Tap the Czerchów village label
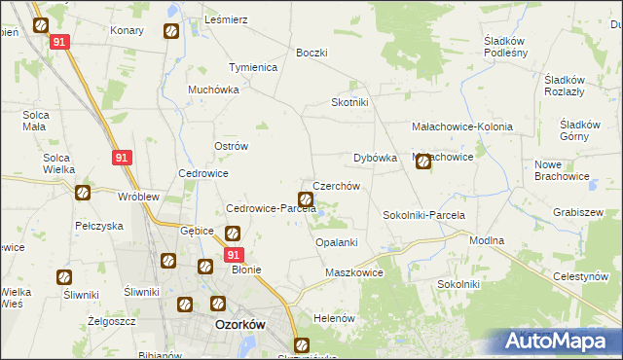tap(337, 186)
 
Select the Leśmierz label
tap(226, 19)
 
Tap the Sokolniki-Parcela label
tap(424, 215)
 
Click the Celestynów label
tap(588, 277)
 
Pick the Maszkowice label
tap(354, 273)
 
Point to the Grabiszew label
tap(577, 211)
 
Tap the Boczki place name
tap(311, 53)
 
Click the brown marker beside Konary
tap(170, 31)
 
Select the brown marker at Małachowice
tap(423, 162)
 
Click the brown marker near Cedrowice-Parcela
tap(305, 200)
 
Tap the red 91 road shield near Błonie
tap(233, 254)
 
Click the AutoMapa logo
tap(559, 342)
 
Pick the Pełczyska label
tap(98, 225)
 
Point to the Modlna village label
tap(487, 239)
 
